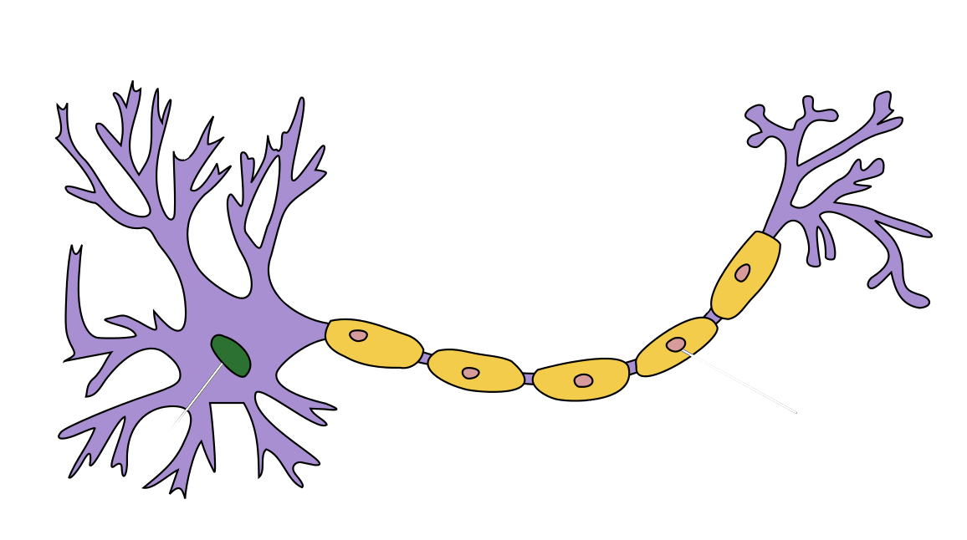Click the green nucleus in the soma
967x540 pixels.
(x=231, y=355)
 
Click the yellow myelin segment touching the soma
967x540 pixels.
(x=374, y=343)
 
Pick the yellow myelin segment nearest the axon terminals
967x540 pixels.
(x=746, y=274)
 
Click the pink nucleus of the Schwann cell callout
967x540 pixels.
(x=675, y=344)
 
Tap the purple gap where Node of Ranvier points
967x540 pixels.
(x=713, y=315)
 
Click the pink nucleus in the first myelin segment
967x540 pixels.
(x=358, y=335)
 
